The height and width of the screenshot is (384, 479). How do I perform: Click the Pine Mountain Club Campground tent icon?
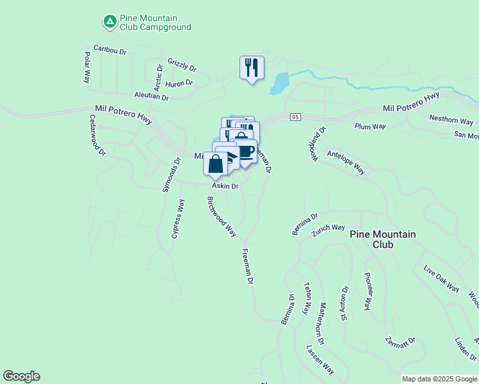110,22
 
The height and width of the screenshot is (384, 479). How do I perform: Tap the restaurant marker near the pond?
251,67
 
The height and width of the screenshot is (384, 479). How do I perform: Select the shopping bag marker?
216,163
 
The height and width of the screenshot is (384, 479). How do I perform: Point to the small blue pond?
279,83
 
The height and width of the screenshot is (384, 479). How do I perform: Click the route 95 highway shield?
295,116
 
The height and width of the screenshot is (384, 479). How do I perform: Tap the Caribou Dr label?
110,49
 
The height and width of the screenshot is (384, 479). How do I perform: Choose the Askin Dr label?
225,186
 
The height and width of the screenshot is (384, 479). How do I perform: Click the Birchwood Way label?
222,216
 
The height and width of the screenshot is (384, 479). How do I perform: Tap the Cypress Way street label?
178,218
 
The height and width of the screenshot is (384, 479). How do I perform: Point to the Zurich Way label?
329,227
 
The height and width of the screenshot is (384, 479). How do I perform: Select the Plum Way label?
370,126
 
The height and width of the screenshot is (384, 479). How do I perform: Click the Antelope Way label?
346,162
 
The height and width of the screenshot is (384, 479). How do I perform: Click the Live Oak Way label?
442,277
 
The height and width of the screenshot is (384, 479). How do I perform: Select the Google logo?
21,376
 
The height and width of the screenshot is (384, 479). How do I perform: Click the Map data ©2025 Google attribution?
439,379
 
